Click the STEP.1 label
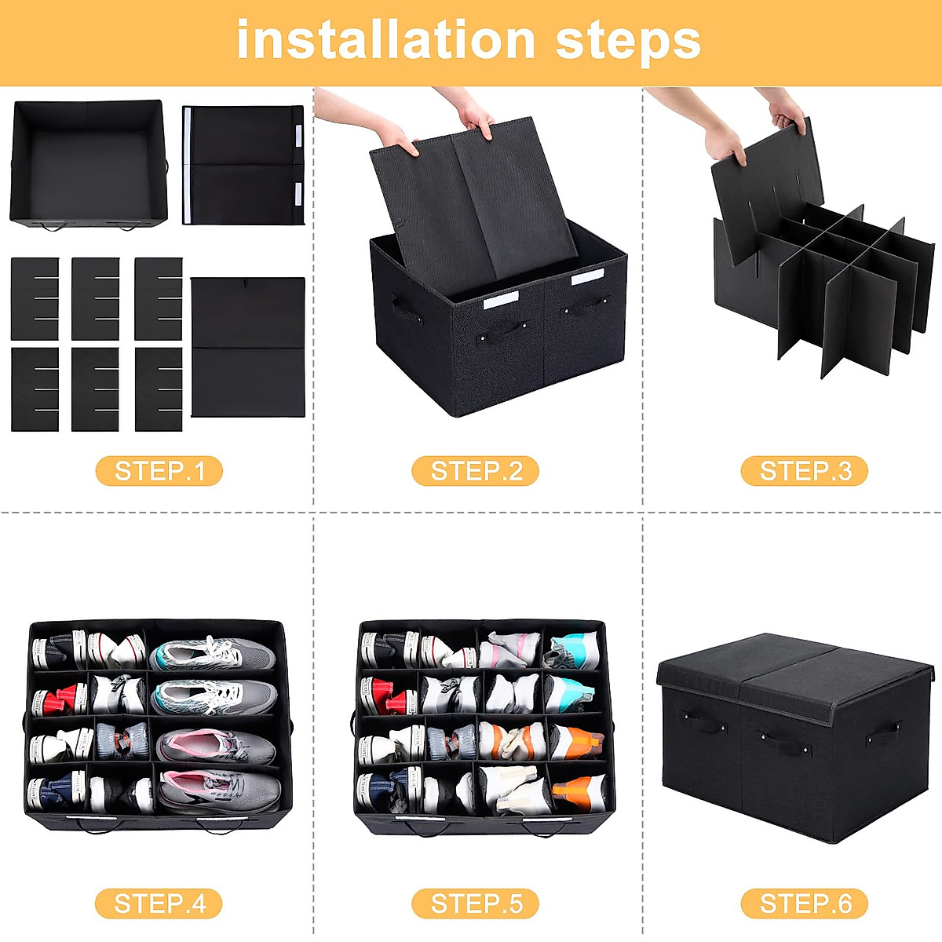click(159, 471)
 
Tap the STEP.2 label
click(476, 471)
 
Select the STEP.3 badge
click(805, 471)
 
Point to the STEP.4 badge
click(159, 904)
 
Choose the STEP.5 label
click(476, 904)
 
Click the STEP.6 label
click(805, 904)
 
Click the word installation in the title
click(385, 41)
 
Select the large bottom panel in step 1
click(247, 347)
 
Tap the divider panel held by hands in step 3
click(765, 188)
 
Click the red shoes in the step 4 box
click(59, 697)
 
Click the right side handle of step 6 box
click(882, 735)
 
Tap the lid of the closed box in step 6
click(793, 663)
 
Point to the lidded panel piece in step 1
click(243, 165)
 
